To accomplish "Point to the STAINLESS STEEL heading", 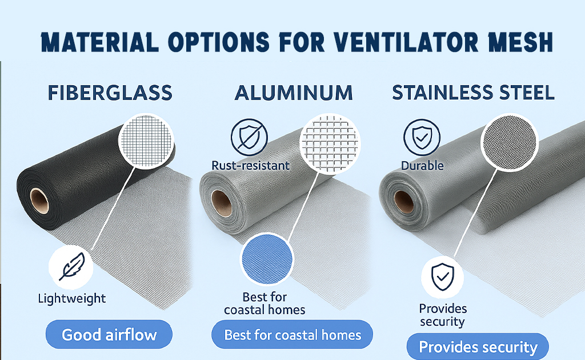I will tap(473, 92).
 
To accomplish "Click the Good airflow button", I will tap(109, 334).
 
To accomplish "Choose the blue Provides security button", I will tap(478, 347).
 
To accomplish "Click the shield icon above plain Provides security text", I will tap(442, 278).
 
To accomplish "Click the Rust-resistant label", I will tap(250, 166).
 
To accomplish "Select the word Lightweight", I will tap(71, 298).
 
